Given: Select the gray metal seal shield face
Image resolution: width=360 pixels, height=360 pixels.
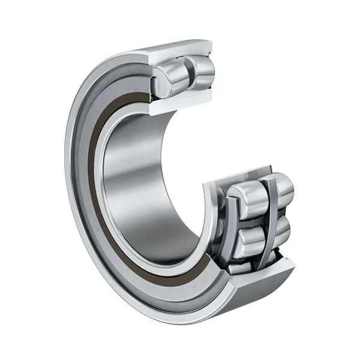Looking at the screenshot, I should tap(84, 180).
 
